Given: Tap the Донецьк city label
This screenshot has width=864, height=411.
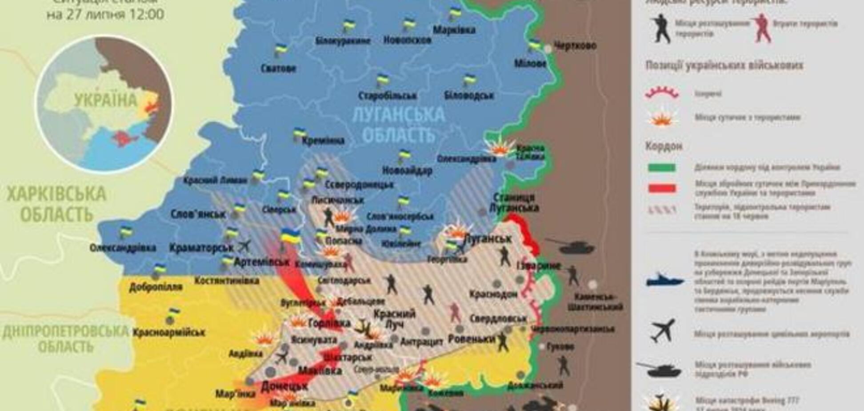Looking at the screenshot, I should (x=284, y=386).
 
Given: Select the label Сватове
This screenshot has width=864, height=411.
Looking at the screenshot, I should (x=278, y=68).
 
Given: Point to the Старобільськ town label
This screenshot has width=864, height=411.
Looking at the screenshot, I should (x=387, y=96).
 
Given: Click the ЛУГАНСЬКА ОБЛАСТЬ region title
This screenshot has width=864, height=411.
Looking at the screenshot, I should (x=398, y=124).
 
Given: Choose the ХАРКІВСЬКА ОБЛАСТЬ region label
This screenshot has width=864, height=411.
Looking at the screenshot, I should (x=56, y=204).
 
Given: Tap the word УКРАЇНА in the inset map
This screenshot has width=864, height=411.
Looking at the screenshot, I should (x=106, y=100).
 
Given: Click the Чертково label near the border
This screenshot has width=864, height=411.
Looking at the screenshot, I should (x=575, y=45).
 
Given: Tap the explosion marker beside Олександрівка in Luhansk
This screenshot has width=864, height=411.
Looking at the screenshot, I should (x=500, y=149).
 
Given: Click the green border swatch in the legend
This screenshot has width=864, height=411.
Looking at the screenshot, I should (x=662, y=168).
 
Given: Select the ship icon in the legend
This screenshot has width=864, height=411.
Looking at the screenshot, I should (x=665, y=280).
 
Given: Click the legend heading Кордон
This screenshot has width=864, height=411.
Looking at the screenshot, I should (x=658, y=146).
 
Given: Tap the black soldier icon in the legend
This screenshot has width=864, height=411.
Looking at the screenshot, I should (x=661, y=28).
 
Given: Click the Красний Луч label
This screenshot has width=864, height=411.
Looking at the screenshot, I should (x=394, y=319).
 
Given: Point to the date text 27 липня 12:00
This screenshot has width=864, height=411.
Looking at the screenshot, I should (x=105, y=14).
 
